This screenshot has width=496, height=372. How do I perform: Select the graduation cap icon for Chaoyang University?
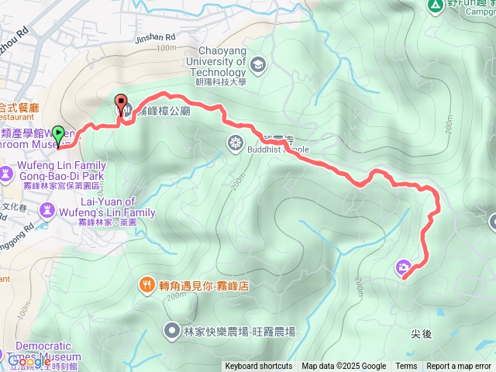pos(257,64)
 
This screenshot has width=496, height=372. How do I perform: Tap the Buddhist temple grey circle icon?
pos(235,143)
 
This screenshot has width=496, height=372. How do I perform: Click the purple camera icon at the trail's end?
pos(403,268)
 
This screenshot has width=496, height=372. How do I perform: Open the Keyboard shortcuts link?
pos(259,367)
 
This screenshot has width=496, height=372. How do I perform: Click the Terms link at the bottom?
pos(406,367)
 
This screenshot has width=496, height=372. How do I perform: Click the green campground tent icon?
pos(435,4)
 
